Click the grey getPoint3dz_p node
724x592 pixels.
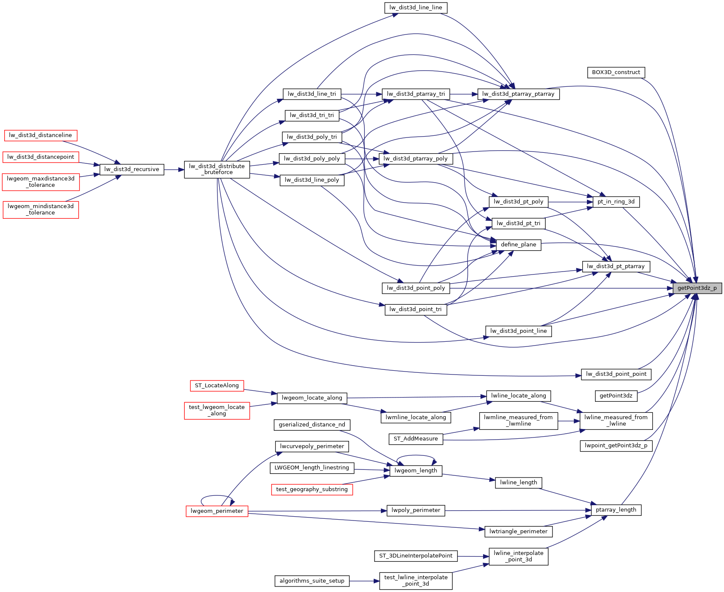tap(697, 288)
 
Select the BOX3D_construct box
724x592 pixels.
tap(616, 72)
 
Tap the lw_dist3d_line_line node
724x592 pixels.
tap(415, 8)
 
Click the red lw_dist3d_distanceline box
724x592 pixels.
tap(40, 135)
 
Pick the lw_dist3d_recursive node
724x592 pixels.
tap(132, 169)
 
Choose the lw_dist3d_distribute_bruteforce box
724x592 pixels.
tap(217, 169)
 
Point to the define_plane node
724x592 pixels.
tap(518, 245)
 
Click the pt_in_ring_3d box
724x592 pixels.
tap(616, 202)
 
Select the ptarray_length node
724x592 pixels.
tap(616, 510)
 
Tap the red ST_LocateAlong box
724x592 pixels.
tap(217, 386)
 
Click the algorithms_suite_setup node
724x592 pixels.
tap(312, 581)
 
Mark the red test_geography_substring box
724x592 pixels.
tap(312, 489)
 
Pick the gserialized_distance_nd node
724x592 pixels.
tap(312, 425)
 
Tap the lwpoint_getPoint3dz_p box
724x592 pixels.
tap(616, 446)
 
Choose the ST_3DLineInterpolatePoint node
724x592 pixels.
tap(415, 556)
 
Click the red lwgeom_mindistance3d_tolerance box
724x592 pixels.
tap(40, 209)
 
